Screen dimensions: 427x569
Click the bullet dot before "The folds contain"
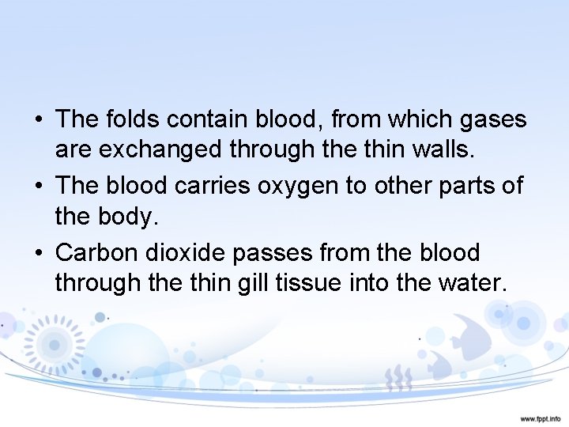(x=39, y=120)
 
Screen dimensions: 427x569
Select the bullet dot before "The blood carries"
(x=39, y=187)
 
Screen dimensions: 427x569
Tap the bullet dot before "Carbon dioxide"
(x=39, y=253)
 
